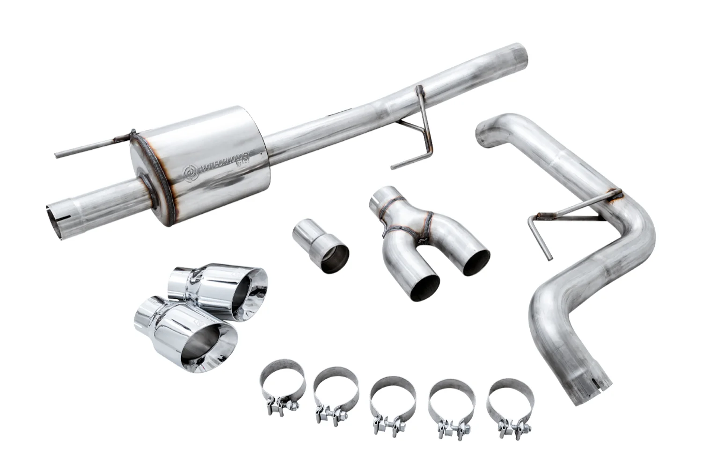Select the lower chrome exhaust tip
(187, 334)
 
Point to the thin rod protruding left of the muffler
(89, 148)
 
